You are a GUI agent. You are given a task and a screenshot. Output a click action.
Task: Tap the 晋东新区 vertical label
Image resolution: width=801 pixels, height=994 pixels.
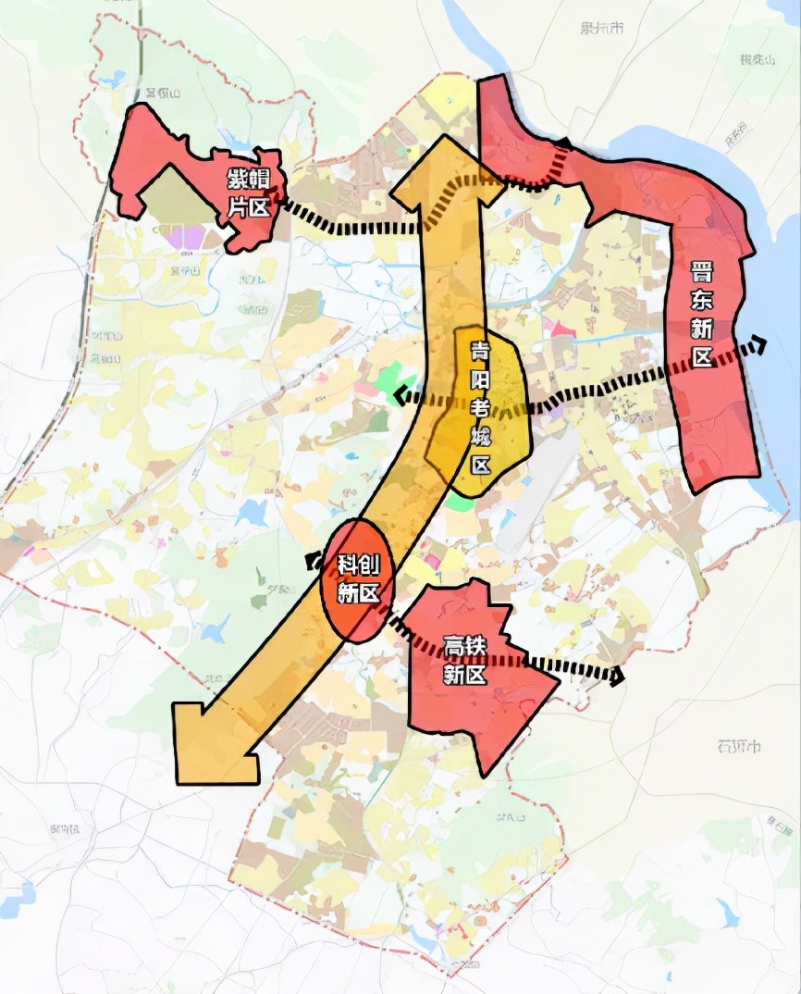(702, 314)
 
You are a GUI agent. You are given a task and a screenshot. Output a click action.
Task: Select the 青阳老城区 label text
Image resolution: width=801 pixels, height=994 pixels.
(480, 407)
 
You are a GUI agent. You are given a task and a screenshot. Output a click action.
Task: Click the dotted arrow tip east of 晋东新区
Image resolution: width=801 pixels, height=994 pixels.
(758, 345)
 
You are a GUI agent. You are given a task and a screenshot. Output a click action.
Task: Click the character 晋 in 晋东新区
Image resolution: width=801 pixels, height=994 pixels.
(702, 272)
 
